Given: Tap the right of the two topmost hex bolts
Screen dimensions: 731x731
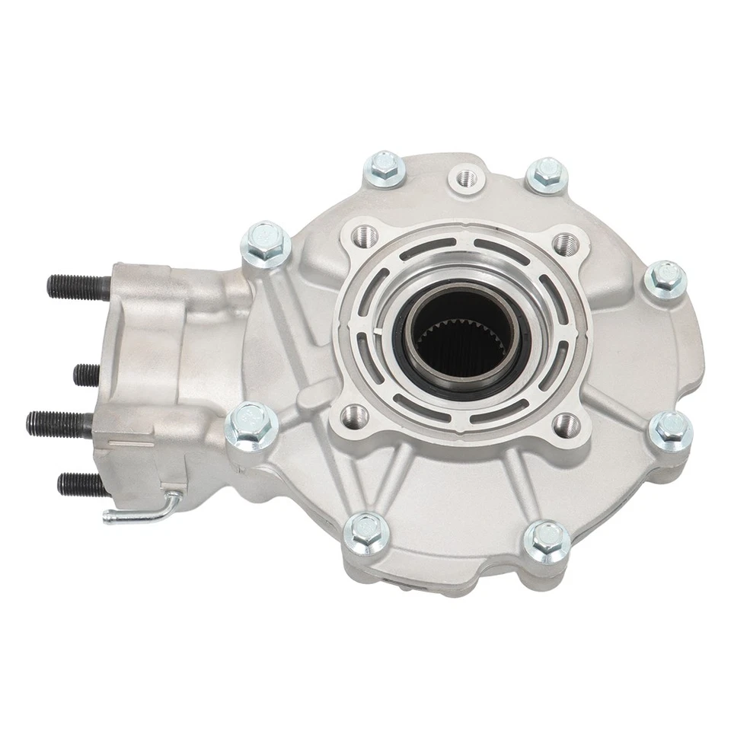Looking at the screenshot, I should (x=547, y=174).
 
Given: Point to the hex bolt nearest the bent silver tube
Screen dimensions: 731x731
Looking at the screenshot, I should (x=248, y=420).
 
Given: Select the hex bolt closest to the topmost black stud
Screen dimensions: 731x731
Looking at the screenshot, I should (x=266, y=243).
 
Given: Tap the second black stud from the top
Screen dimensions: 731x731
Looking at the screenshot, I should (x=86, y=374).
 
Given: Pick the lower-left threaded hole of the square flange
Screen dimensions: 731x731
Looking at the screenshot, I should (x=351, y=414).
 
